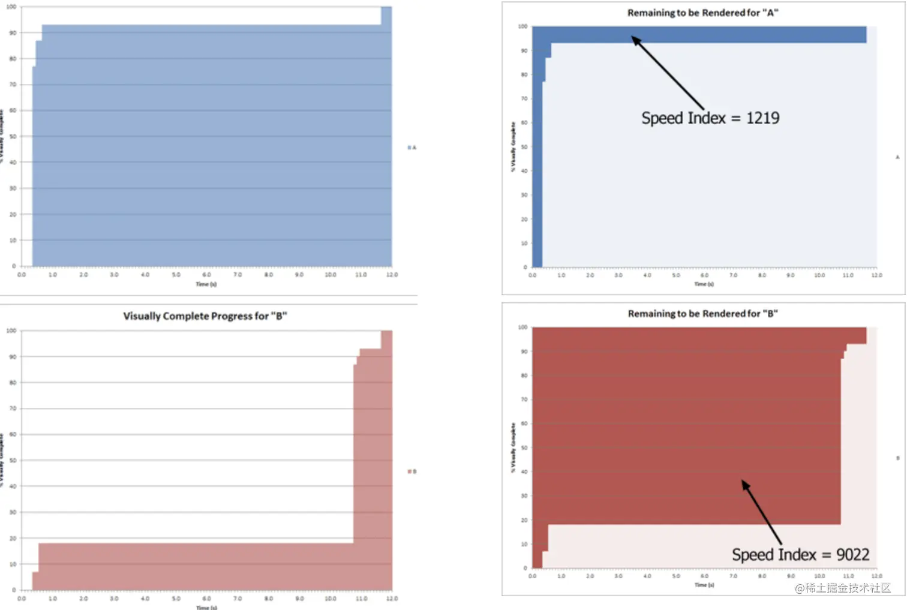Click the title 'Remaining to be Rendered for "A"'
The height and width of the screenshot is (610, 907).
point(702,13)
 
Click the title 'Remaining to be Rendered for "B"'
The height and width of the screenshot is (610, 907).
point(702,314)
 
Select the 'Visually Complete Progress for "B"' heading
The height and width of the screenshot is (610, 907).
point(205,316)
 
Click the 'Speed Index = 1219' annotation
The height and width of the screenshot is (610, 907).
point(710,118)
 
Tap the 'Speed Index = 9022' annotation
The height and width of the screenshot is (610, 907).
point(800,555)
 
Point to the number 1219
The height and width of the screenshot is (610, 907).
point(762,118)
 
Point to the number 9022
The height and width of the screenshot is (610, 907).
point(852,555)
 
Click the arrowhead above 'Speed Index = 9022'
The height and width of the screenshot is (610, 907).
point(746,485)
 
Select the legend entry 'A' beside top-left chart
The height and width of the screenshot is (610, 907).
point(412,148)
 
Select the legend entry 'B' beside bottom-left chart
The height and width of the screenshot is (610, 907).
point(412,471)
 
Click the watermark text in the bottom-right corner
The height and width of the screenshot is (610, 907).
point(843,588)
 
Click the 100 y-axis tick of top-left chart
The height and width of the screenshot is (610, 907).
point(11,7)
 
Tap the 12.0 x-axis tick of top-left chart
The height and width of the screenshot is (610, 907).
point(392,275)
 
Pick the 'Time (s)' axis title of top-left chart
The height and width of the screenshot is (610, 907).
point(206,284)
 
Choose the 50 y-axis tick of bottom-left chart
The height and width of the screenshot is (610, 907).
point(12,461)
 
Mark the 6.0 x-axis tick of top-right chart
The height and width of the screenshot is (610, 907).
point(704,275)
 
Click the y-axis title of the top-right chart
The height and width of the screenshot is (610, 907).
point(513,147)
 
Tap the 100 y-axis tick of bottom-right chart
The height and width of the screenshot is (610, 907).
point(522,327)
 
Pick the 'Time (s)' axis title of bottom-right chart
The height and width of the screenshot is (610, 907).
point(704,585)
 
